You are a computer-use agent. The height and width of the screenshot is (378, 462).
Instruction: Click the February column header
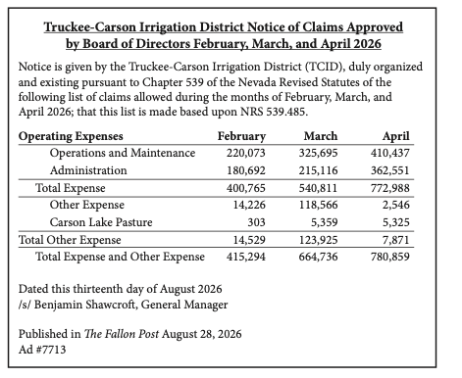pyautogui.click(x=241, y=136)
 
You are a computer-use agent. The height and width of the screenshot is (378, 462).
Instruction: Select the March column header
pyautogui.click(x=321, y=136)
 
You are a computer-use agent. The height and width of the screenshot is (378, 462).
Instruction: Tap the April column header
pyautogui.click(x=396, y=136)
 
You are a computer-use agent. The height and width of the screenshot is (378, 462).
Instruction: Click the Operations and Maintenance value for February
pyautogui.click(x=246, y=153)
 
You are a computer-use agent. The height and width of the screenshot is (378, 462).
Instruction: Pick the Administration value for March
pyautogui.click(x=318, y=170)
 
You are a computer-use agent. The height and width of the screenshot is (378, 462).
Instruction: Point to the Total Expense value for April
pyautogui.click(x=389, y=188)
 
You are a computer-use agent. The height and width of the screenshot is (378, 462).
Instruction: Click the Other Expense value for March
pyautogui.click(x=318, y=205)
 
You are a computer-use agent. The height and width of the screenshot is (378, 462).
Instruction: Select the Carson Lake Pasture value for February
pyautogui.click(x=256, y=222)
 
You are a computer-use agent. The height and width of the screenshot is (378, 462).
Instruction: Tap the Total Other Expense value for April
pyautogui.click(x=396, y=240)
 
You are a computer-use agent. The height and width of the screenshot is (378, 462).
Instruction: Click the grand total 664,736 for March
pyautogui.click(x=318, y=257)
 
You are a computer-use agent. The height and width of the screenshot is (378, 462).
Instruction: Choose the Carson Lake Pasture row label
pyautogui.click(x=101, y=222)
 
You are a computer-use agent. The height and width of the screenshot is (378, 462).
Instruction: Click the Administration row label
pyautogui.click(x=88, y=170)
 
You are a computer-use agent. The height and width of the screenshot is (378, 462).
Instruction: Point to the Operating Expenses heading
pyautogui.click(x=71, y=136)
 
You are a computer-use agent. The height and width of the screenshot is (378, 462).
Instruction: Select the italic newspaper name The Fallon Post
pyautogui.click(x=122, y=334)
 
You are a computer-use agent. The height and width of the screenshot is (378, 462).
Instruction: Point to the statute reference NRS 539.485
pyautogui.click(x=274, y=112)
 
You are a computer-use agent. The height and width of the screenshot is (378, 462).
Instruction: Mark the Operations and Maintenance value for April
pyautogui.click(x=389, y=153)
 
